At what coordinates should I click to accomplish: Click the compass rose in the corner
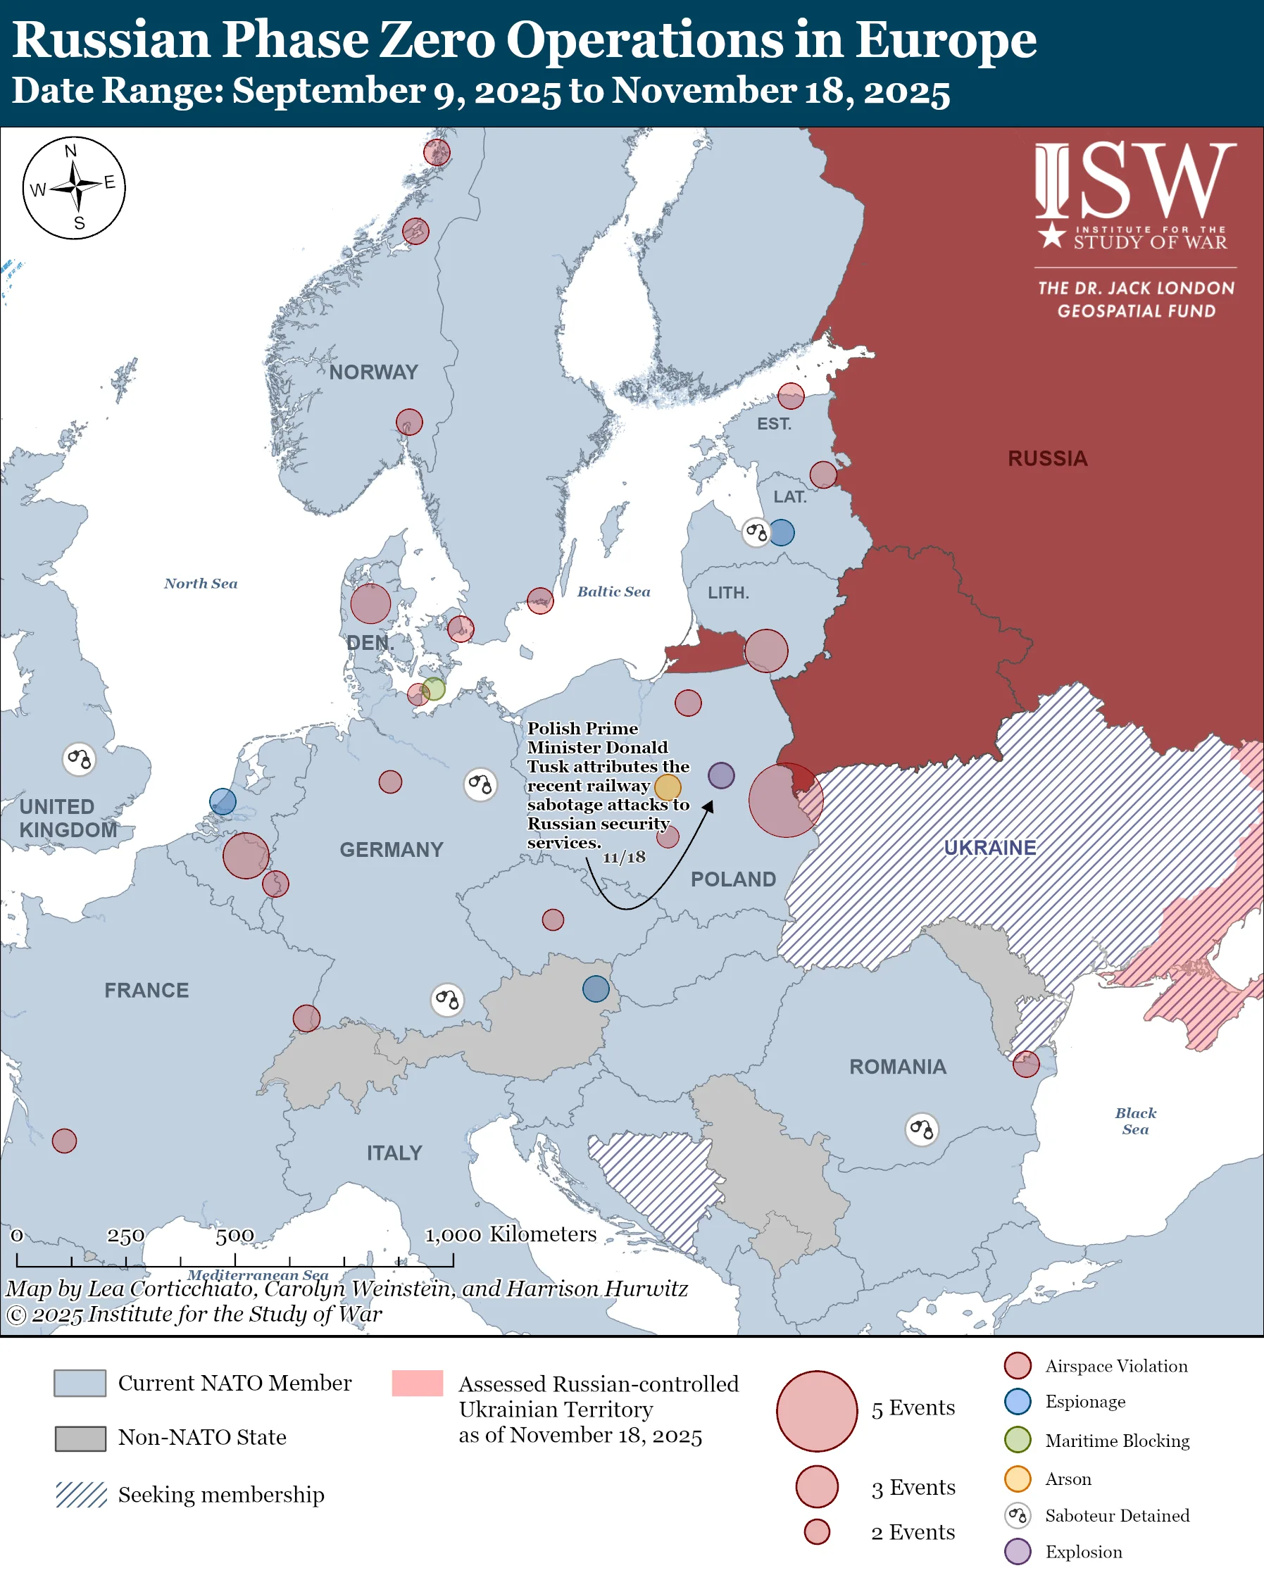pos(74,187)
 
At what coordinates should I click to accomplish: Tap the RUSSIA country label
pos(1047,459)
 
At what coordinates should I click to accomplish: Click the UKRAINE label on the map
pos(989,848)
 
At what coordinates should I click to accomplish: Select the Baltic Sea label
pos(613,591)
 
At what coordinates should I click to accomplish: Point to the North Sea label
pos(200,583)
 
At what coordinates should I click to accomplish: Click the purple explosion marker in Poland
pos(721,775)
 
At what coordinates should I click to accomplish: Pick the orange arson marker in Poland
pos(668,787)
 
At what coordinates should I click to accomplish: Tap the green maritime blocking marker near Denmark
pos(434,689)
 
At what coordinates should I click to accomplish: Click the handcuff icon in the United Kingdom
pos(79,759)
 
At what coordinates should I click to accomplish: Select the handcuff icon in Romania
pos(922,1129)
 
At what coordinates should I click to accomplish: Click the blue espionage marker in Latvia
pos(781,533)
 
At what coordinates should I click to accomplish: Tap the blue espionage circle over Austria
pos(596,989)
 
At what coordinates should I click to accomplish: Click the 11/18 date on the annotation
pos(624,858)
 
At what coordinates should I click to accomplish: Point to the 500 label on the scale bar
pos(234,1236)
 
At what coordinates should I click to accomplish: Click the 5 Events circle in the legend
pos(816,1411)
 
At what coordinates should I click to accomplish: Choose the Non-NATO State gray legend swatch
pos(80,1438)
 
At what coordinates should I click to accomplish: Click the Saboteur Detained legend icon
pos(1018,1515)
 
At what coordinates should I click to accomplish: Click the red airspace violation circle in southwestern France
pos(65,1141)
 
